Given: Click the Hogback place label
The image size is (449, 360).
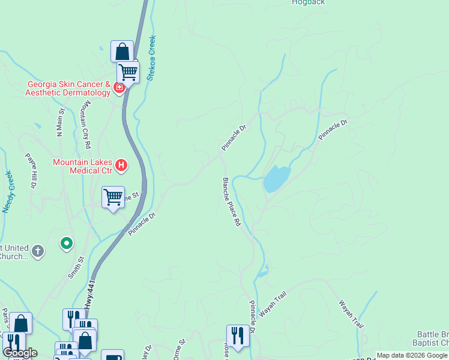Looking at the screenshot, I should (308, 2).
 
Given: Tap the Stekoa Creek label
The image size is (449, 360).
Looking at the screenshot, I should (152, 57).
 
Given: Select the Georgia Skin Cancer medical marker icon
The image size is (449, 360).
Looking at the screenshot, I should (119, 89).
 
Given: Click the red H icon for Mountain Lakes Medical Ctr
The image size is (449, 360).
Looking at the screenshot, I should (121, 164).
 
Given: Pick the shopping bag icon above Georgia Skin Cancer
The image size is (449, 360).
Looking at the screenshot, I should (122, 50).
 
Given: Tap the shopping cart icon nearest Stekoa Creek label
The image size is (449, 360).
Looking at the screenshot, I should (128, 73).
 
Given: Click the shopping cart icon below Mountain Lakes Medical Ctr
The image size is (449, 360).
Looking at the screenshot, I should (113, 197).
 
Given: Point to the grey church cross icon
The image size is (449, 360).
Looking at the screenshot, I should (38, 251).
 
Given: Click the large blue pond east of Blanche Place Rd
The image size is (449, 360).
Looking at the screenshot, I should (277, 179).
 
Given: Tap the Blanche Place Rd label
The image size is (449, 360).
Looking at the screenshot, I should (232, 202).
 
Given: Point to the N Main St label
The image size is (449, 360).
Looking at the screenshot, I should (61, 124).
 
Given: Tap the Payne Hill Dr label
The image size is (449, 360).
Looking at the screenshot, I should (30, 171).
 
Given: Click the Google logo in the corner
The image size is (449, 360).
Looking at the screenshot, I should (20, 353).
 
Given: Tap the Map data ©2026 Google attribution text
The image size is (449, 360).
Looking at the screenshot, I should (412, 355).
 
